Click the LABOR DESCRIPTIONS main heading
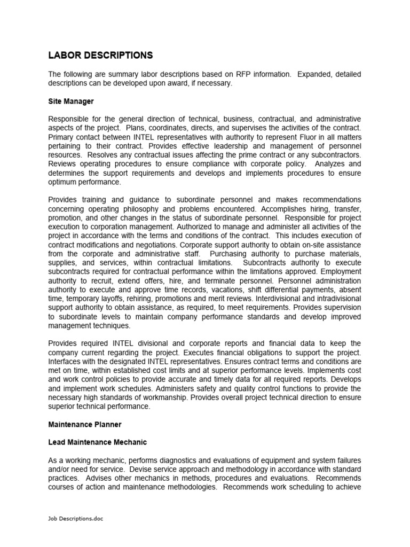tap(100, 56)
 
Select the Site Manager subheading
tap(71, 101)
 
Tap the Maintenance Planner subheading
tap(85, 425)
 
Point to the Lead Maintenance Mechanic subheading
tap(97, 442)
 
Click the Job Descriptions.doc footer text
tap(76, 519)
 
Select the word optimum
tap(63, 182)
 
